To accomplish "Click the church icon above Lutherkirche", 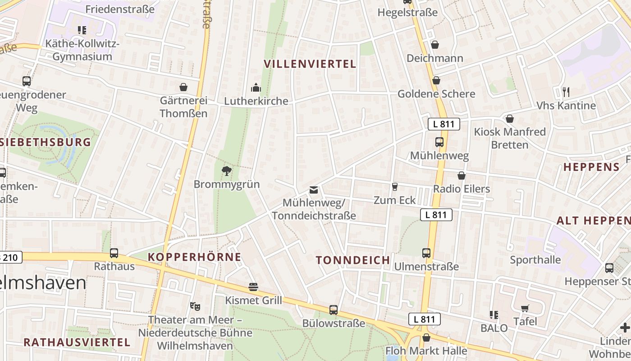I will coord(256,87).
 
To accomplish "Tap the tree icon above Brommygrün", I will coord(227,171).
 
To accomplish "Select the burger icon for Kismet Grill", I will coord(253,287).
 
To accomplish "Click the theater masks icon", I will coord(195,306).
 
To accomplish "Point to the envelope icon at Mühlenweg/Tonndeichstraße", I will coord(313,190).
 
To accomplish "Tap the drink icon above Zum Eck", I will coord(395,186).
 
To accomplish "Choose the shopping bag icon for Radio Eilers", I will coord(461,176).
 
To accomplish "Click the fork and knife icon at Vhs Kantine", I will coord(566,92).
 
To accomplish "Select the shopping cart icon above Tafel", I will coord(525,308).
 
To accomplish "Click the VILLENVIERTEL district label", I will coord(310,64).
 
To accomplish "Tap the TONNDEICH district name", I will coord(353,260).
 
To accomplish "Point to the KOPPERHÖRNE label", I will coord(194,257).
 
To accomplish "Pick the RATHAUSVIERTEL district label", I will coord(77,342).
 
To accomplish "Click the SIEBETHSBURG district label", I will coord(45,142).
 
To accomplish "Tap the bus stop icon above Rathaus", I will coord(114,253).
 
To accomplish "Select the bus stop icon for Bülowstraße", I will coord(334,310).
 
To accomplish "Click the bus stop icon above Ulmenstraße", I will coord(426,253).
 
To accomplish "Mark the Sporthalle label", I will coord(535,260).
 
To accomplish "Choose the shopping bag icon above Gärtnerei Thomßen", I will coord(183,87).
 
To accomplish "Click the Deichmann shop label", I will coord(435,58).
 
